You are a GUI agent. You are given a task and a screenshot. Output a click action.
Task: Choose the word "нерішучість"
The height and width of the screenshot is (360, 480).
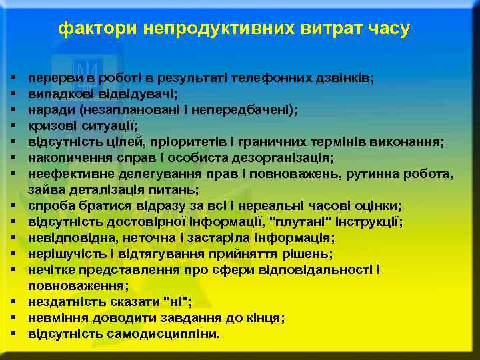pyautogui.click(x=63, y=254)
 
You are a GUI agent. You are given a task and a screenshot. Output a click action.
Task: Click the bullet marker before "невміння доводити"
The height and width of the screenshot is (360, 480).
pyautogui.click(x=14, y=318)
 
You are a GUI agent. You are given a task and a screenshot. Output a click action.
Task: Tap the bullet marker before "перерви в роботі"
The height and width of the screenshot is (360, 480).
pyautogui.click(x=14, y=78)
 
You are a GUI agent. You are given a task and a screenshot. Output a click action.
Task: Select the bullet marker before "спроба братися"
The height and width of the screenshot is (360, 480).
pyautogui.click(x=14, y=206)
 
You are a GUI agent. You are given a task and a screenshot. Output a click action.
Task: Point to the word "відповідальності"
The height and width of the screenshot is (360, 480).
pyautogui.click(x=324, y=270)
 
